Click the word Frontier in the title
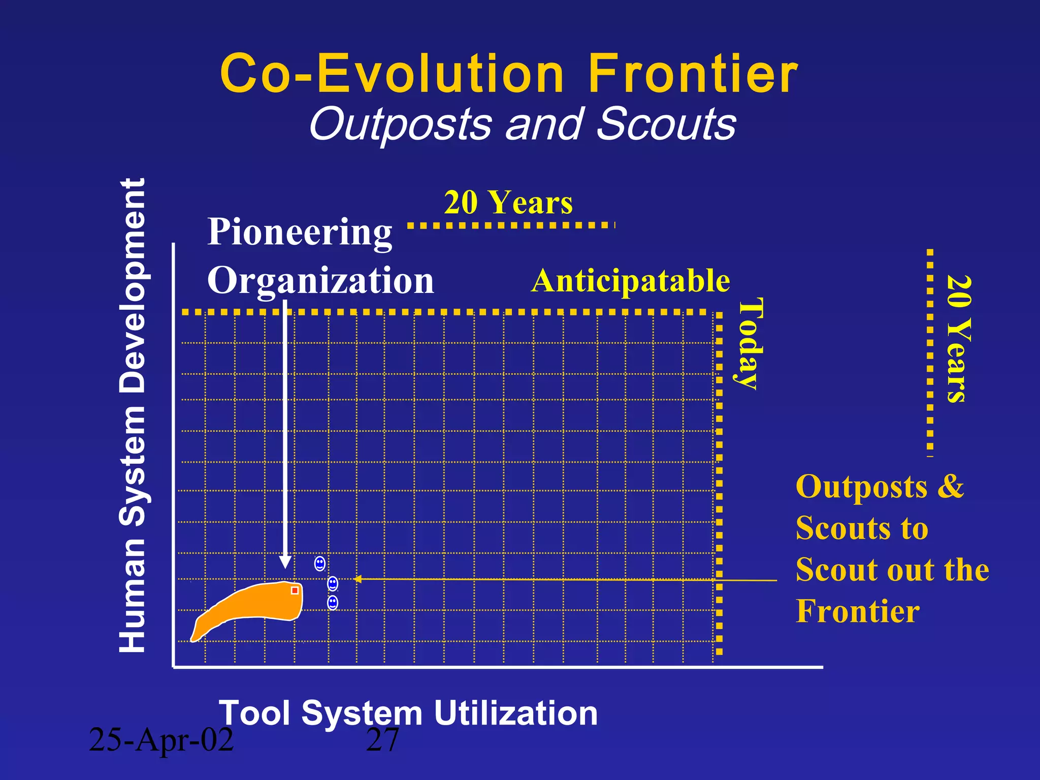(x=693, y=75)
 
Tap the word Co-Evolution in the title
(x=392, y=75)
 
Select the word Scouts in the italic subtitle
(x=666, y=124)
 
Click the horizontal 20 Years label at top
(x=508, y=203)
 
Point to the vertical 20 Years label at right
(x=959, y=339)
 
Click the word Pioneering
(x=300, y=232)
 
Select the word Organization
(x=320, y=280)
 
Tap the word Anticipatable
(x=630, y=281)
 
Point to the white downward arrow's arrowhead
(x=285, y=563)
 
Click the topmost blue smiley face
(x=320, y=563)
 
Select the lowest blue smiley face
(x=333, y=603)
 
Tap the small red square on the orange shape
(x=295, y=590)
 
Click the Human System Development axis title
(x=133, y=415)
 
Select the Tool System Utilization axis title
(x=408, y=713)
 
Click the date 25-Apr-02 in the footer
(x=161, y=740)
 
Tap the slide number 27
(x=382, y=740)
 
